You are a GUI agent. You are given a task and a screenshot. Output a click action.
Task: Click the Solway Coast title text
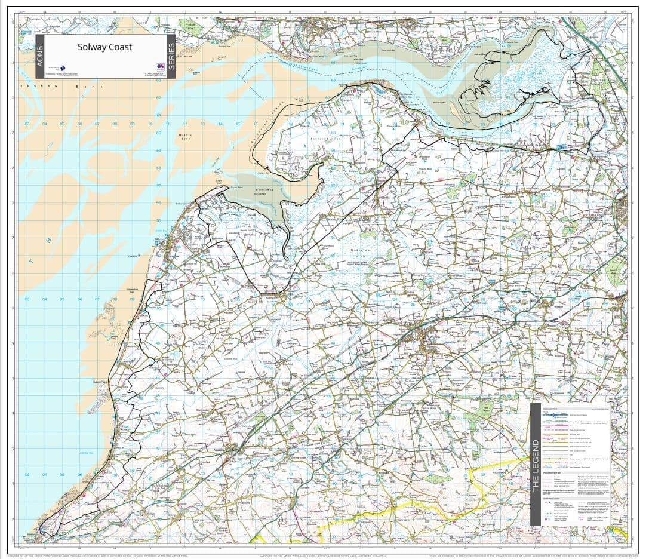[104, 47]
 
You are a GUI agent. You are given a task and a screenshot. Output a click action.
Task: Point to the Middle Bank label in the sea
[186, 137]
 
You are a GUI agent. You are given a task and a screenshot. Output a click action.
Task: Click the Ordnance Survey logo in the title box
[159, 67]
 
